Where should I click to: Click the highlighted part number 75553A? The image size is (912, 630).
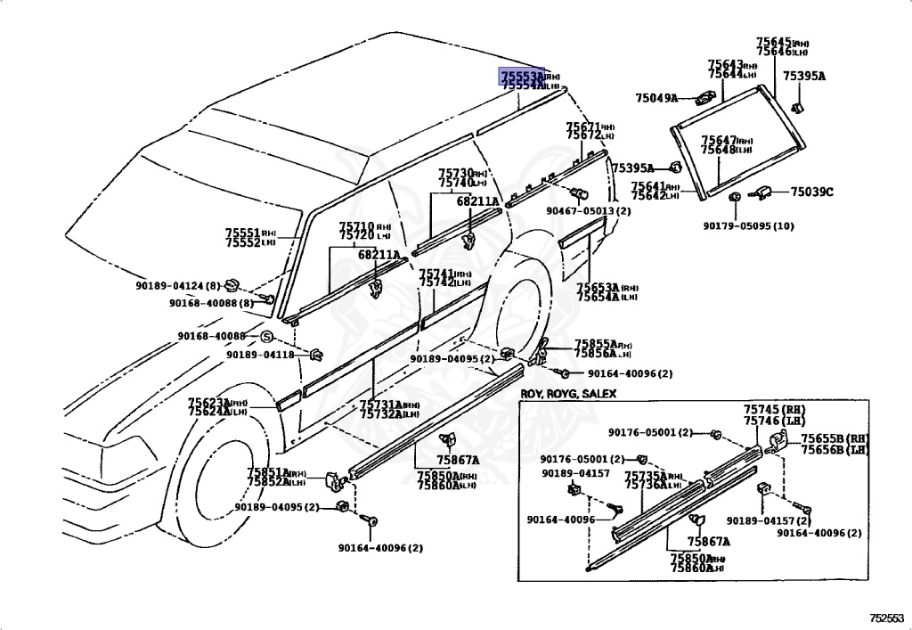[521, 77]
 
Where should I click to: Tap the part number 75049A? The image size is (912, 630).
[656, 97]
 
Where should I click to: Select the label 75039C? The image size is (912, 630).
[810, 192]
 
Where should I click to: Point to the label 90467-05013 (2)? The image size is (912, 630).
[588, 211]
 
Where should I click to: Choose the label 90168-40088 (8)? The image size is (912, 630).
[211, 303]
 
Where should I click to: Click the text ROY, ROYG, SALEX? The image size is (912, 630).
[568, 393]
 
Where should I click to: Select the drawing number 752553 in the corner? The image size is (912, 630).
[886, 617]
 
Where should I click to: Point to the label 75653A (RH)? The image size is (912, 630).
[607, 288]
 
